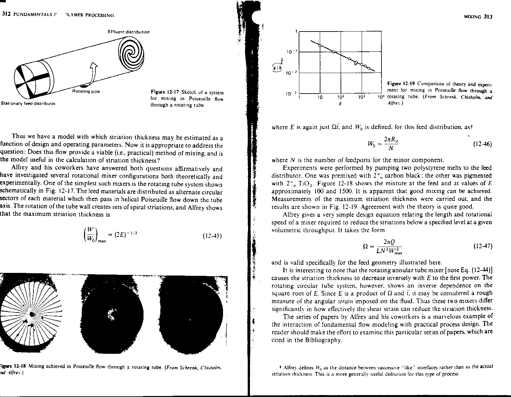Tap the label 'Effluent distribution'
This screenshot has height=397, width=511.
point(129,32)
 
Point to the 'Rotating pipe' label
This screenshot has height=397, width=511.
point(85,91)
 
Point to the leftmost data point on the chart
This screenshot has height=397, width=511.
point(320,45)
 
